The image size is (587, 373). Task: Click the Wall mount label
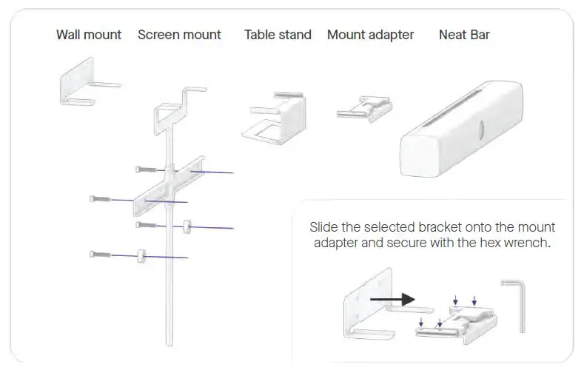coord(89,35)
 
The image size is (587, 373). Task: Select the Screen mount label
coord(179,35)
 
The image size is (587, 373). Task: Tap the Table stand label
coord(278,35)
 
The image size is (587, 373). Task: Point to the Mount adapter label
coord(370,35)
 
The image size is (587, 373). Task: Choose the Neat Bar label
coord(464,35)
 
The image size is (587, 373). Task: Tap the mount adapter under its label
coord(364,109)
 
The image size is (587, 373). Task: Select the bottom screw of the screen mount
coord(101,255)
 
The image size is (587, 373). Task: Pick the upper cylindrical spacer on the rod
coord(188,226)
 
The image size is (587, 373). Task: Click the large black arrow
coord(392,299)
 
